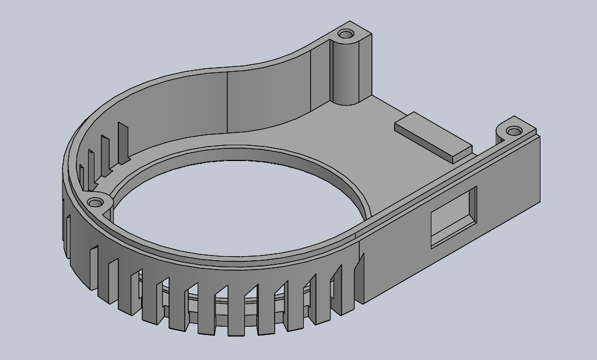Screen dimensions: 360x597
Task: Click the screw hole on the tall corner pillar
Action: pyautogui.click(x=347, y=34)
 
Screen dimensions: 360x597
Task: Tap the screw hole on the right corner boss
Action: pyautogui.click(x=514, y=131)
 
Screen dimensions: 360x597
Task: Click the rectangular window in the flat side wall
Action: pyautogui.click(x=454, y=217)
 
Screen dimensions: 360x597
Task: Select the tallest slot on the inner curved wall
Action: pyautogui.click(x=122, y=142)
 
